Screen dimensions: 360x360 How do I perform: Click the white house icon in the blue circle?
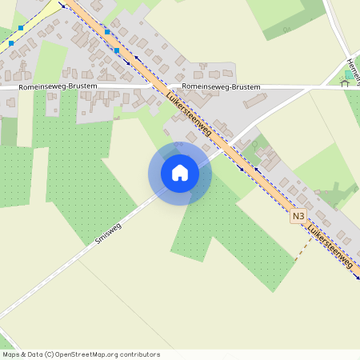[x=180, y=173]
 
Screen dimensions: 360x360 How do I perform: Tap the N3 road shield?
[x=298, y=216]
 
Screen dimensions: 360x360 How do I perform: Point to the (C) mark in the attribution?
[x=50, y=354]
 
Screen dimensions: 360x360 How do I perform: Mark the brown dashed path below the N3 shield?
[x=298, y=252]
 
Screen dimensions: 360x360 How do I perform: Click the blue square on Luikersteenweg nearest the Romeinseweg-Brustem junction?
[x=117, y=50]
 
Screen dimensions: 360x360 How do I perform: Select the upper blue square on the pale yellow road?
[x=21, y=28]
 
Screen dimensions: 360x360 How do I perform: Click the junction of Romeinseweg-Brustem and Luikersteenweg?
[x=157, y=85]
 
